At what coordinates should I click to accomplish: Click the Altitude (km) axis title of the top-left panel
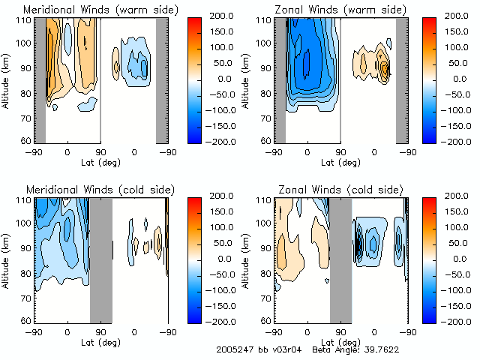[x=7, y=80]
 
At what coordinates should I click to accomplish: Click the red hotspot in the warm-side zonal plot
[x=386, y=69]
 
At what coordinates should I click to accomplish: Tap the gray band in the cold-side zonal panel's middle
[x=340, y=259]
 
